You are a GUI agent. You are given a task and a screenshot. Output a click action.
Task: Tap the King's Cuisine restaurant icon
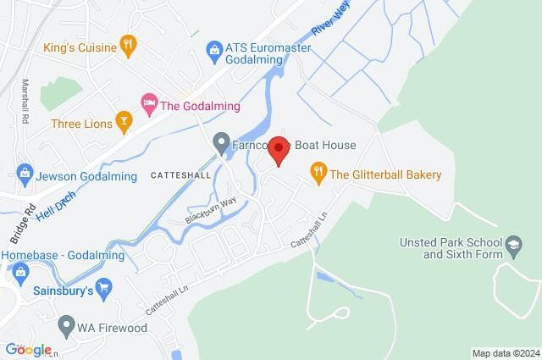[128, 47]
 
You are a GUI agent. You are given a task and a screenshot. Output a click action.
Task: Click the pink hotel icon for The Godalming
[150, 105]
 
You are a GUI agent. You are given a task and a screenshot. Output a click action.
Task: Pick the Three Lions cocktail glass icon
[124, 123]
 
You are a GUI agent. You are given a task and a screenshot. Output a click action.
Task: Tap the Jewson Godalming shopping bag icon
[24, 175]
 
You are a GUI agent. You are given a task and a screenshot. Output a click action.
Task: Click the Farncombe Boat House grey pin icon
[222, 144]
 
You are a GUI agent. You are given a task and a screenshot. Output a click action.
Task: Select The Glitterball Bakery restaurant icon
[318, 174]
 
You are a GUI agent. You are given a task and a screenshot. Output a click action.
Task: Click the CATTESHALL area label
[179, 175]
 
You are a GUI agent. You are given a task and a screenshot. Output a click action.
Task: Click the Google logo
[28, 350]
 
